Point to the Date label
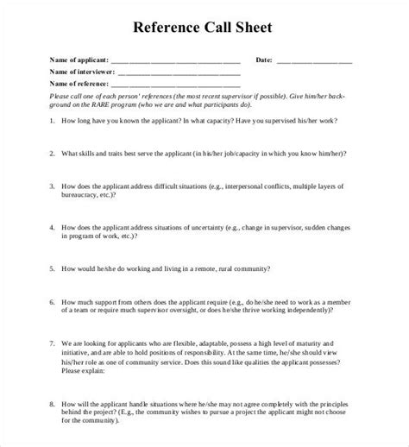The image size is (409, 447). point(264,60)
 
